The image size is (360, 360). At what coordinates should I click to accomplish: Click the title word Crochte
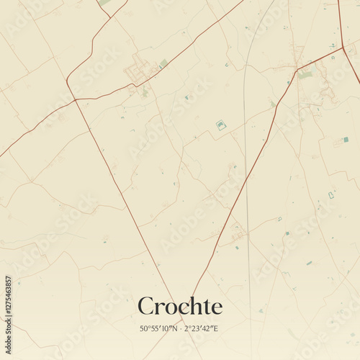(x=180, y=306)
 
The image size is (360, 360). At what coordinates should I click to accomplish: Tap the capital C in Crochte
(x=145, y=306)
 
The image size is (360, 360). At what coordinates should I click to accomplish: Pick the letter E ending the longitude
(x=217, y=328)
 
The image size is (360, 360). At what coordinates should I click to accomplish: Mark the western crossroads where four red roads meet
(x=75, y=99)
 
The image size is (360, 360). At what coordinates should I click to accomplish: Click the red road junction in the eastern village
(x=297, y=69)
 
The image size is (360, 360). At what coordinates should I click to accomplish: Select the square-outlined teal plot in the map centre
(x=221, y=125)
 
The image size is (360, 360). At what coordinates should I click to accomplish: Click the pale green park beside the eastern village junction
(x=306, y=74)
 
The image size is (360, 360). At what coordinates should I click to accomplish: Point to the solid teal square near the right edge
(x=346, y=139)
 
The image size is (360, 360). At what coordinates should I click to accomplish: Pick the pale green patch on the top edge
(x=105, y=2)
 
